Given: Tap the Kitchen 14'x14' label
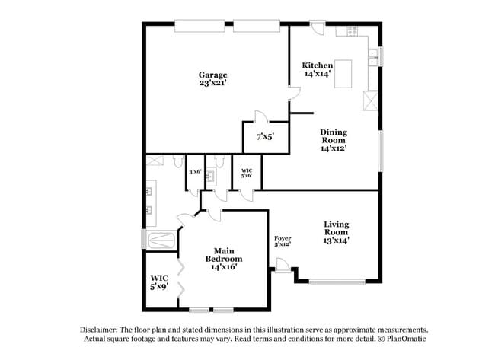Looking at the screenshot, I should coord(316,69).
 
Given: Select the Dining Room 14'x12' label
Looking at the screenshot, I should coord(333,140).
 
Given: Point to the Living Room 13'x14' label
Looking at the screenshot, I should coord(336,232).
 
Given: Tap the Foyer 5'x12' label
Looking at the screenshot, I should coord(283,241).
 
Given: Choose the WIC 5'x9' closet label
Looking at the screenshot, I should coord(159,282).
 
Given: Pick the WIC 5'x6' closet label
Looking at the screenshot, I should coord(247,174).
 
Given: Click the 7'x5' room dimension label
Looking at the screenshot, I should coord(264,137).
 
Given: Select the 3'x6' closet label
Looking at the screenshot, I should coord(195,172).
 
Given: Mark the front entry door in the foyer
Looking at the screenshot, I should coord(283,265).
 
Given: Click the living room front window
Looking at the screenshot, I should coord(336,282).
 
